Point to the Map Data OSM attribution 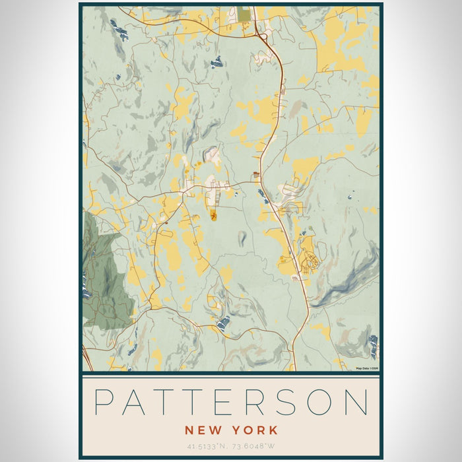[366, 368]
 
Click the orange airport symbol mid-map [213, 215]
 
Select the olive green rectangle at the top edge [245, 14]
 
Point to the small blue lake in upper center [216, 63]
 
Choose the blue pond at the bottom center [224, 322]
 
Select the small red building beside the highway [255, 175]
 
